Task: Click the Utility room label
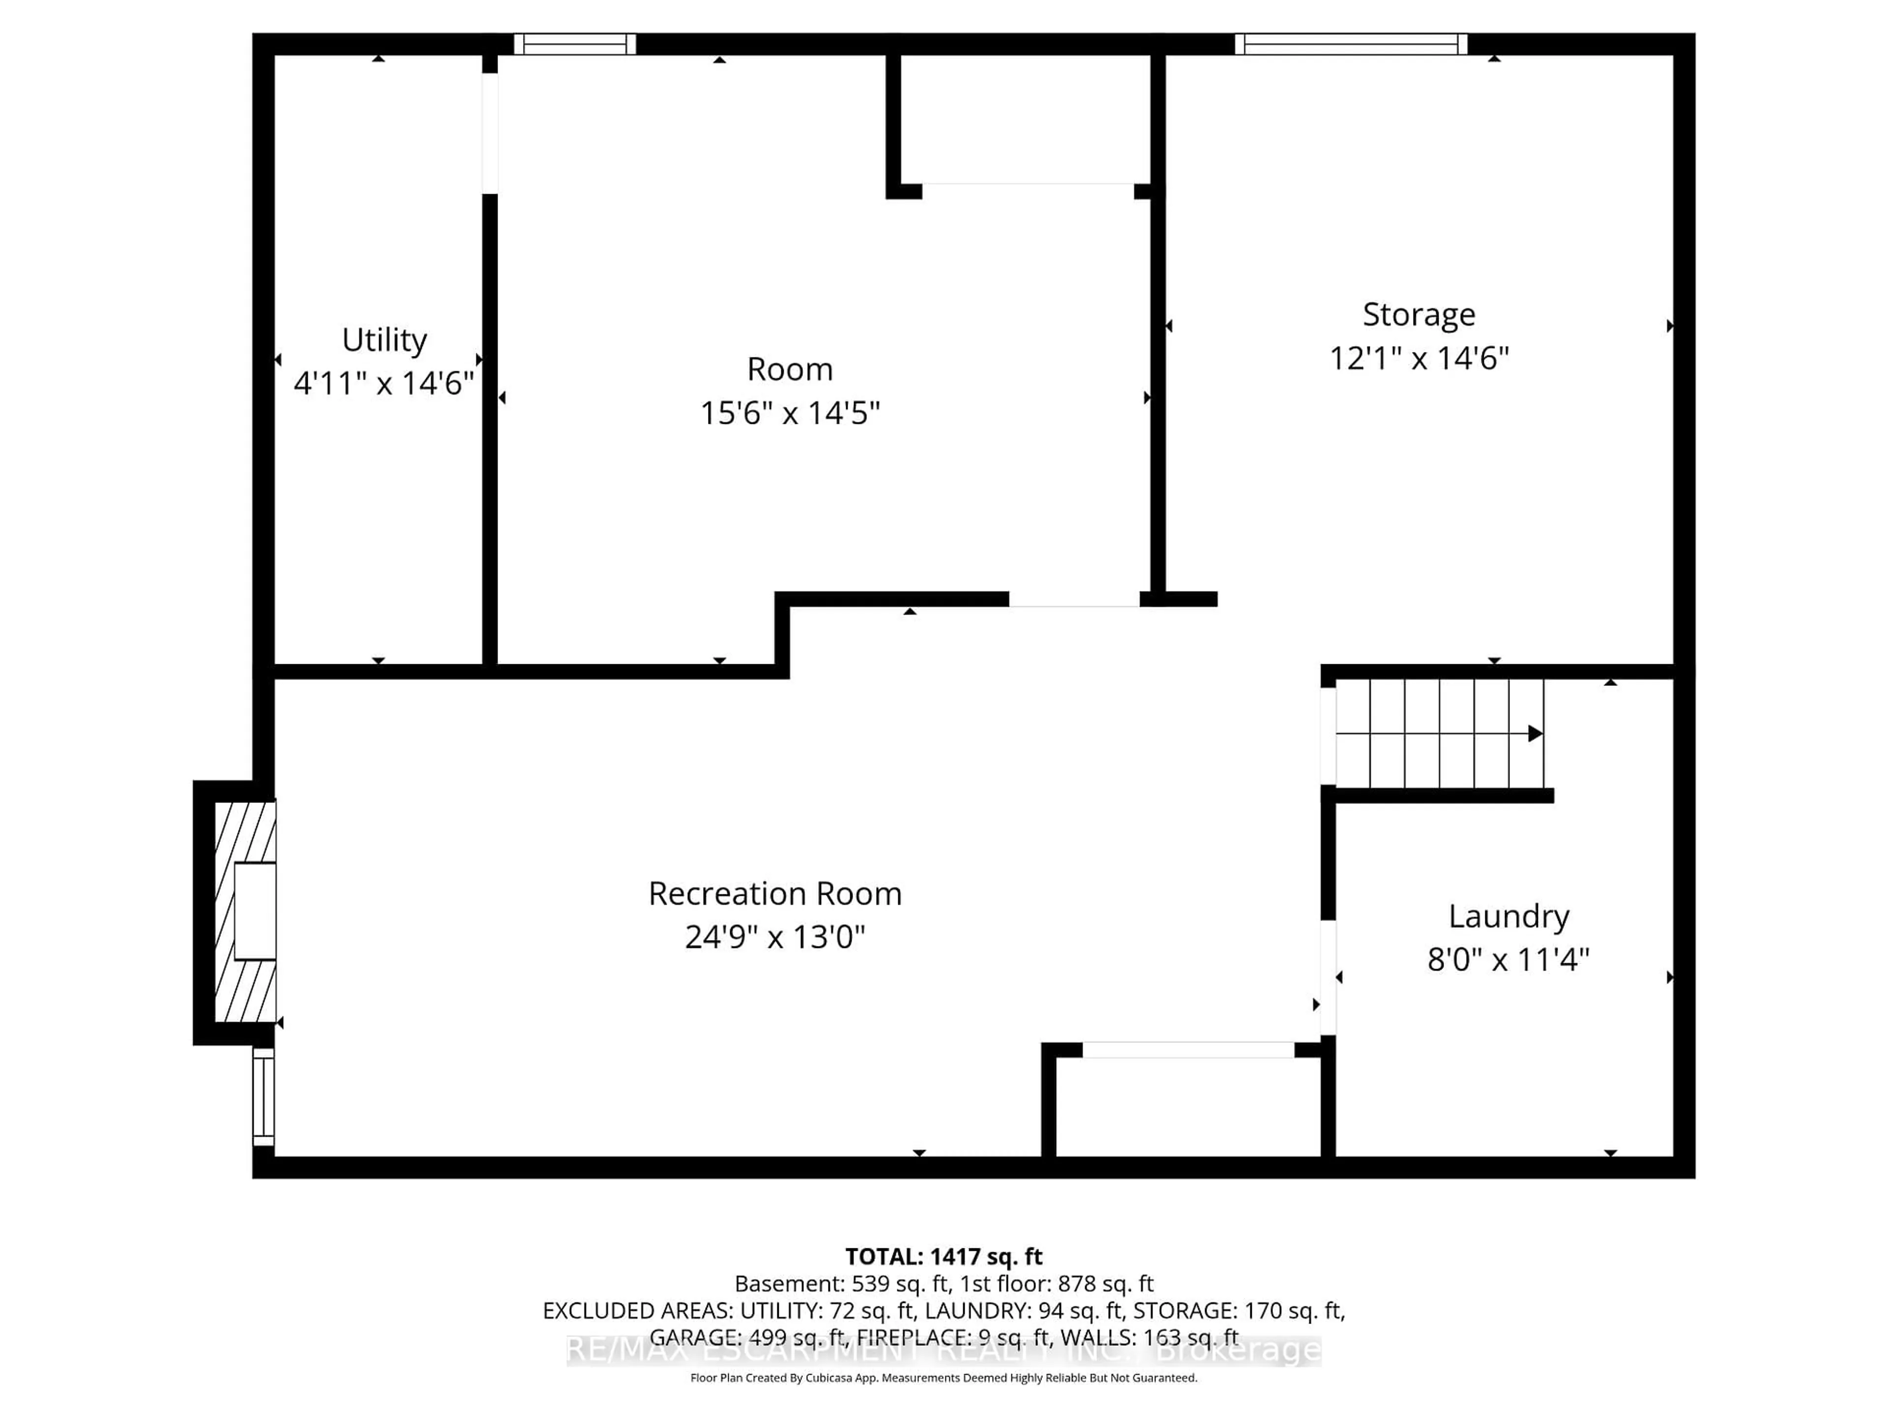click(384, 340)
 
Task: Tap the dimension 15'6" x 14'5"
click(790, 413)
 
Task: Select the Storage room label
click(1418, 314)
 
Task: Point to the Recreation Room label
click(774, 894)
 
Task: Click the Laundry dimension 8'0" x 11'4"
click(1508, 959)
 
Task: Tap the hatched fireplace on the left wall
click(245, 912)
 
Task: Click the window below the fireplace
click(263, 1097)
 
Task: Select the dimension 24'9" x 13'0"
click(774, 937)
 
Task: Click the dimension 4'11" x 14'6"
click(384, 383)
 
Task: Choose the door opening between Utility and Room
click(490, 133)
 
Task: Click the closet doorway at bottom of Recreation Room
click(1188, 1050)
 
